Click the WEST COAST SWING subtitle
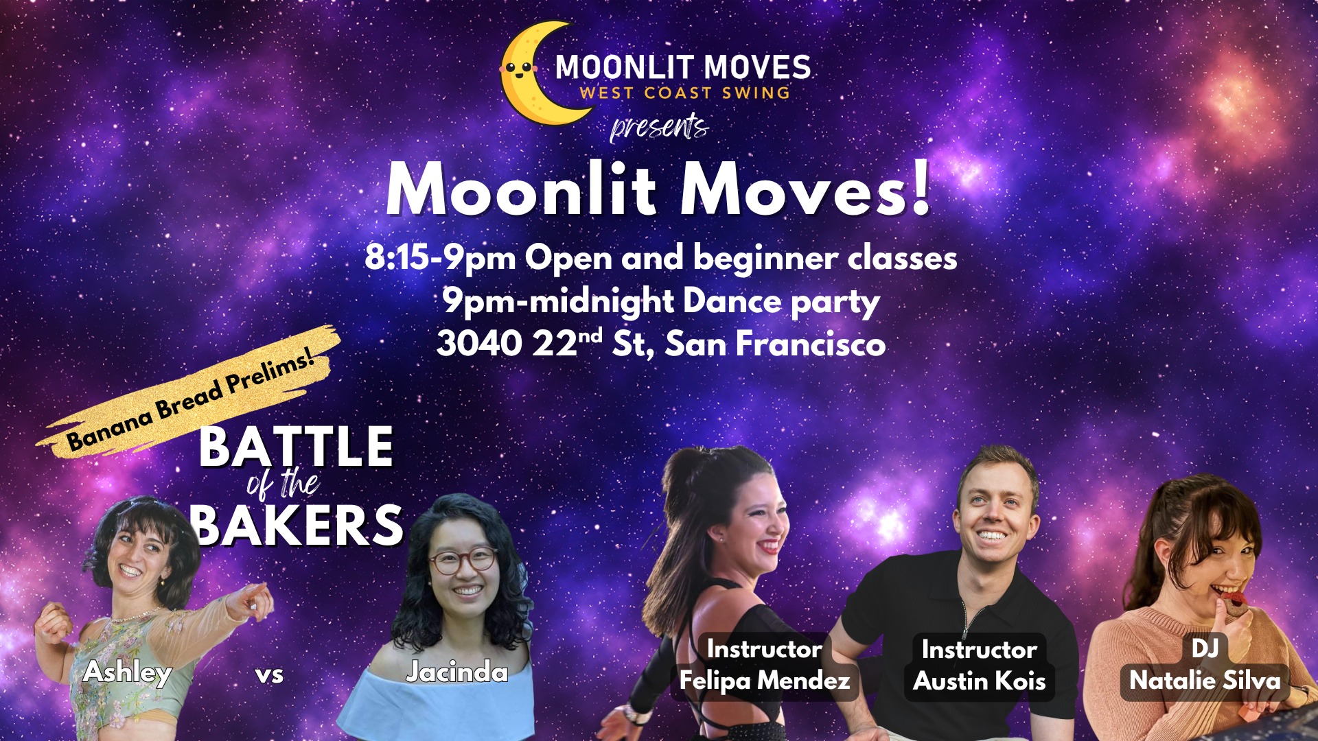684,93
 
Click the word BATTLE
296,446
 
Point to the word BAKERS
297,526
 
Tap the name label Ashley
127,672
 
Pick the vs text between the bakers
269,674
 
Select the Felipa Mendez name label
765,681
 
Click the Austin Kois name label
980,681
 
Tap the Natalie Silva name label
1205,681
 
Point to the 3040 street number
480,344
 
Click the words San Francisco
776,344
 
